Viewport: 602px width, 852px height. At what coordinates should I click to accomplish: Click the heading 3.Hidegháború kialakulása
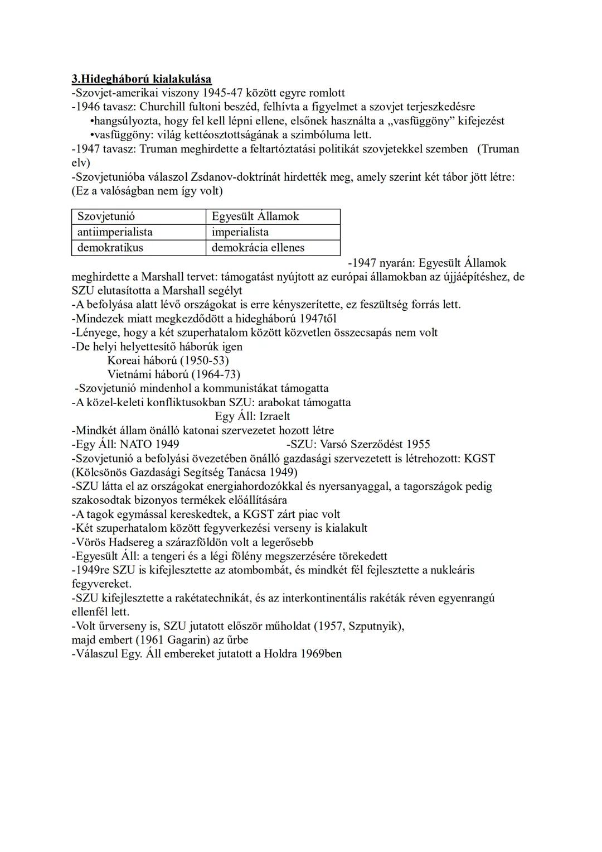(142, 79)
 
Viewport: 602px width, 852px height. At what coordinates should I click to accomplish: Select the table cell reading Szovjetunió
(106, 216)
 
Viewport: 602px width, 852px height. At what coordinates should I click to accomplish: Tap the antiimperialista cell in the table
(115, 232)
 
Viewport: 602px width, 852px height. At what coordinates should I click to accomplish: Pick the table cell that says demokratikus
(110, 248)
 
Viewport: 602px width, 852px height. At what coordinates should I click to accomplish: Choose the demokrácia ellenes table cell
(258, 248)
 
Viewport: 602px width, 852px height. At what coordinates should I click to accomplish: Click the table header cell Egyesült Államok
(255, 216)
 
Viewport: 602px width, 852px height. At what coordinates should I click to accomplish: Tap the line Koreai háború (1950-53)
(168, 360)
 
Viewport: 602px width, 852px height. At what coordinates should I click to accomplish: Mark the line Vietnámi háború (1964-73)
(173, 374)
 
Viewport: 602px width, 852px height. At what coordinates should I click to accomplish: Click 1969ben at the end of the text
(321, 654)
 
